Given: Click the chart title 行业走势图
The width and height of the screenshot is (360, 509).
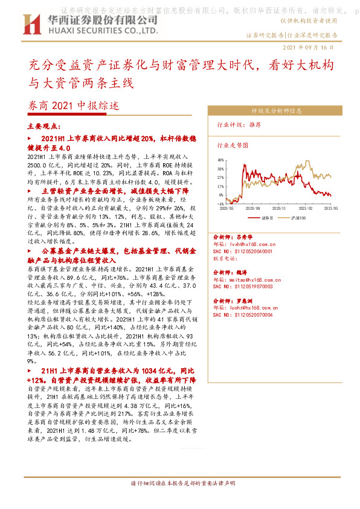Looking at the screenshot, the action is pyautogui.click(x=233, y=146).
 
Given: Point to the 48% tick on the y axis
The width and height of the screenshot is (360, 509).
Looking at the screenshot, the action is pyautogui.click(x=221, y=160).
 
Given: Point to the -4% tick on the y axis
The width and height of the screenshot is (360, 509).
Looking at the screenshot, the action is pyautogui.click(x=222, y=204).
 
